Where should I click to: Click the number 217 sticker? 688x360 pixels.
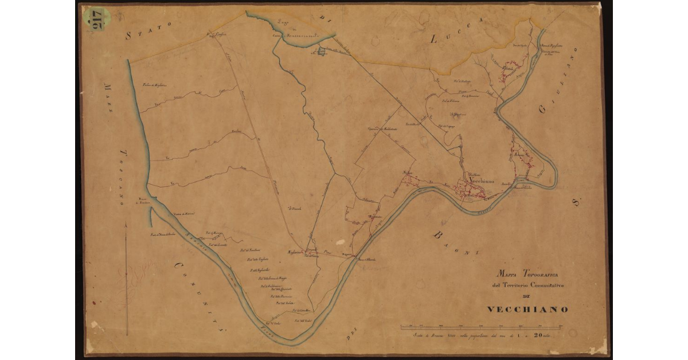click(93, 20)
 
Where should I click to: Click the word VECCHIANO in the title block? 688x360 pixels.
click(527, 310)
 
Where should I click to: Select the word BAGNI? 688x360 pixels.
click(456, 243)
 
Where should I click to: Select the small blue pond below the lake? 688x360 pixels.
click(320, 52)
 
